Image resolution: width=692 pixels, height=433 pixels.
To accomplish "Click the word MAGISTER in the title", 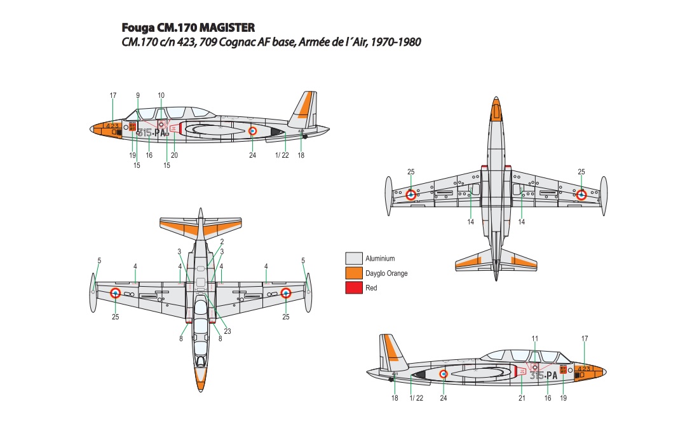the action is (227, 27).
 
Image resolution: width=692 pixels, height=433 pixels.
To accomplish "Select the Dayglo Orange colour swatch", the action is (354, 273).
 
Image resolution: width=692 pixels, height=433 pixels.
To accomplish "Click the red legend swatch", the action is (354, 288).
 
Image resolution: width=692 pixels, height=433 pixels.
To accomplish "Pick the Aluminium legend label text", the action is (380, 258).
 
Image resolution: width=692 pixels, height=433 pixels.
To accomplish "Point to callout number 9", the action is (138, 95).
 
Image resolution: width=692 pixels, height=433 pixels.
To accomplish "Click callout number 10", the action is (161, 95).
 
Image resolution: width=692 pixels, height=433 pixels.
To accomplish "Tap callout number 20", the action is (174, 155).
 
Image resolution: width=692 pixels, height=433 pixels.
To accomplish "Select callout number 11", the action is (535, 338).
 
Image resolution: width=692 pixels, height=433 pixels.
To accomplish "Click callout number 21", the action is (522, 397).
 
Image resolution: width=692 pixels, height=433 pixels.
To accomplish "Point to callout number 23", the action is (227, 331).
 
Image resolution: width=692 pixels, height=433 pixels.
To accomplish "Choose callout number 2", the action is (222, 242).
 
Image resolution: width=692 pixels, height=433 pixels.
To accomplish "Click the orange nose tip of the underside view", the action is (496, 109).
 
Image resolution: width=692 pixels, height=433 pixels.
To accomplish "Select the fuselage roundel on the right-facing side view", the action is (444, 374).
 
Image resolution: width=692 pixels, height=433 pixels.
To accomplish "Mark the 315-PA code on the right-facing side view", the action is (544, 375).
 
